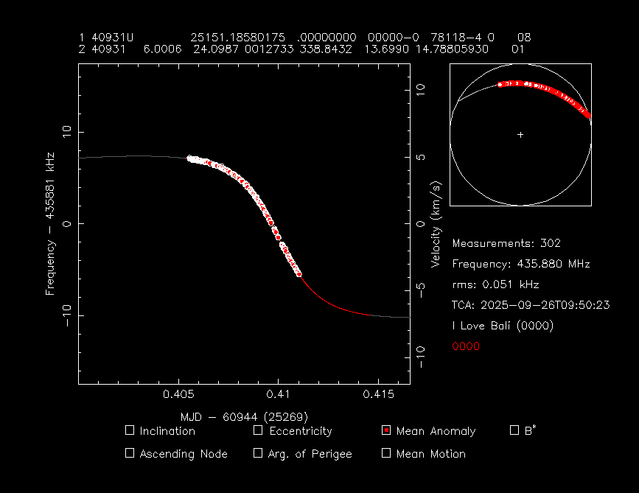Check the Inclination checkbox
click(130, 430)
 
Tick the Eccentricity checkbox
click(258, 430)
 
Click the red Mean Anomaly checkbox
click(386, 430)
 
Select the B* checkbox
click(514, 430)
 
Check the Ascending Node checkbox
click(130, 453)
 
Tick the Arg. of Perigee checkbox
click(258, 453)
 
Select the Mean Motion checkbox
click(386, 453)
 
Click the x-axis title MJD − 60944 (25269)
click(244, 416)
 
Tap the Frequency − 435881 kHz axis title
click(51, 223)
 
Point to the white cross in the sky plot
click(520, 135)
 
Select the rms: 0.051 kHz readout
click(495, 284)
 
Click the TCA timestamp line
click(531, 305)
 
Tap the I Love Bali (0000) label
click(503, 326)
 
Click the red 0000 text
click(466, 346)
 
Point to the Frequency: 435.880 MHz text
click(520, 264)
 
